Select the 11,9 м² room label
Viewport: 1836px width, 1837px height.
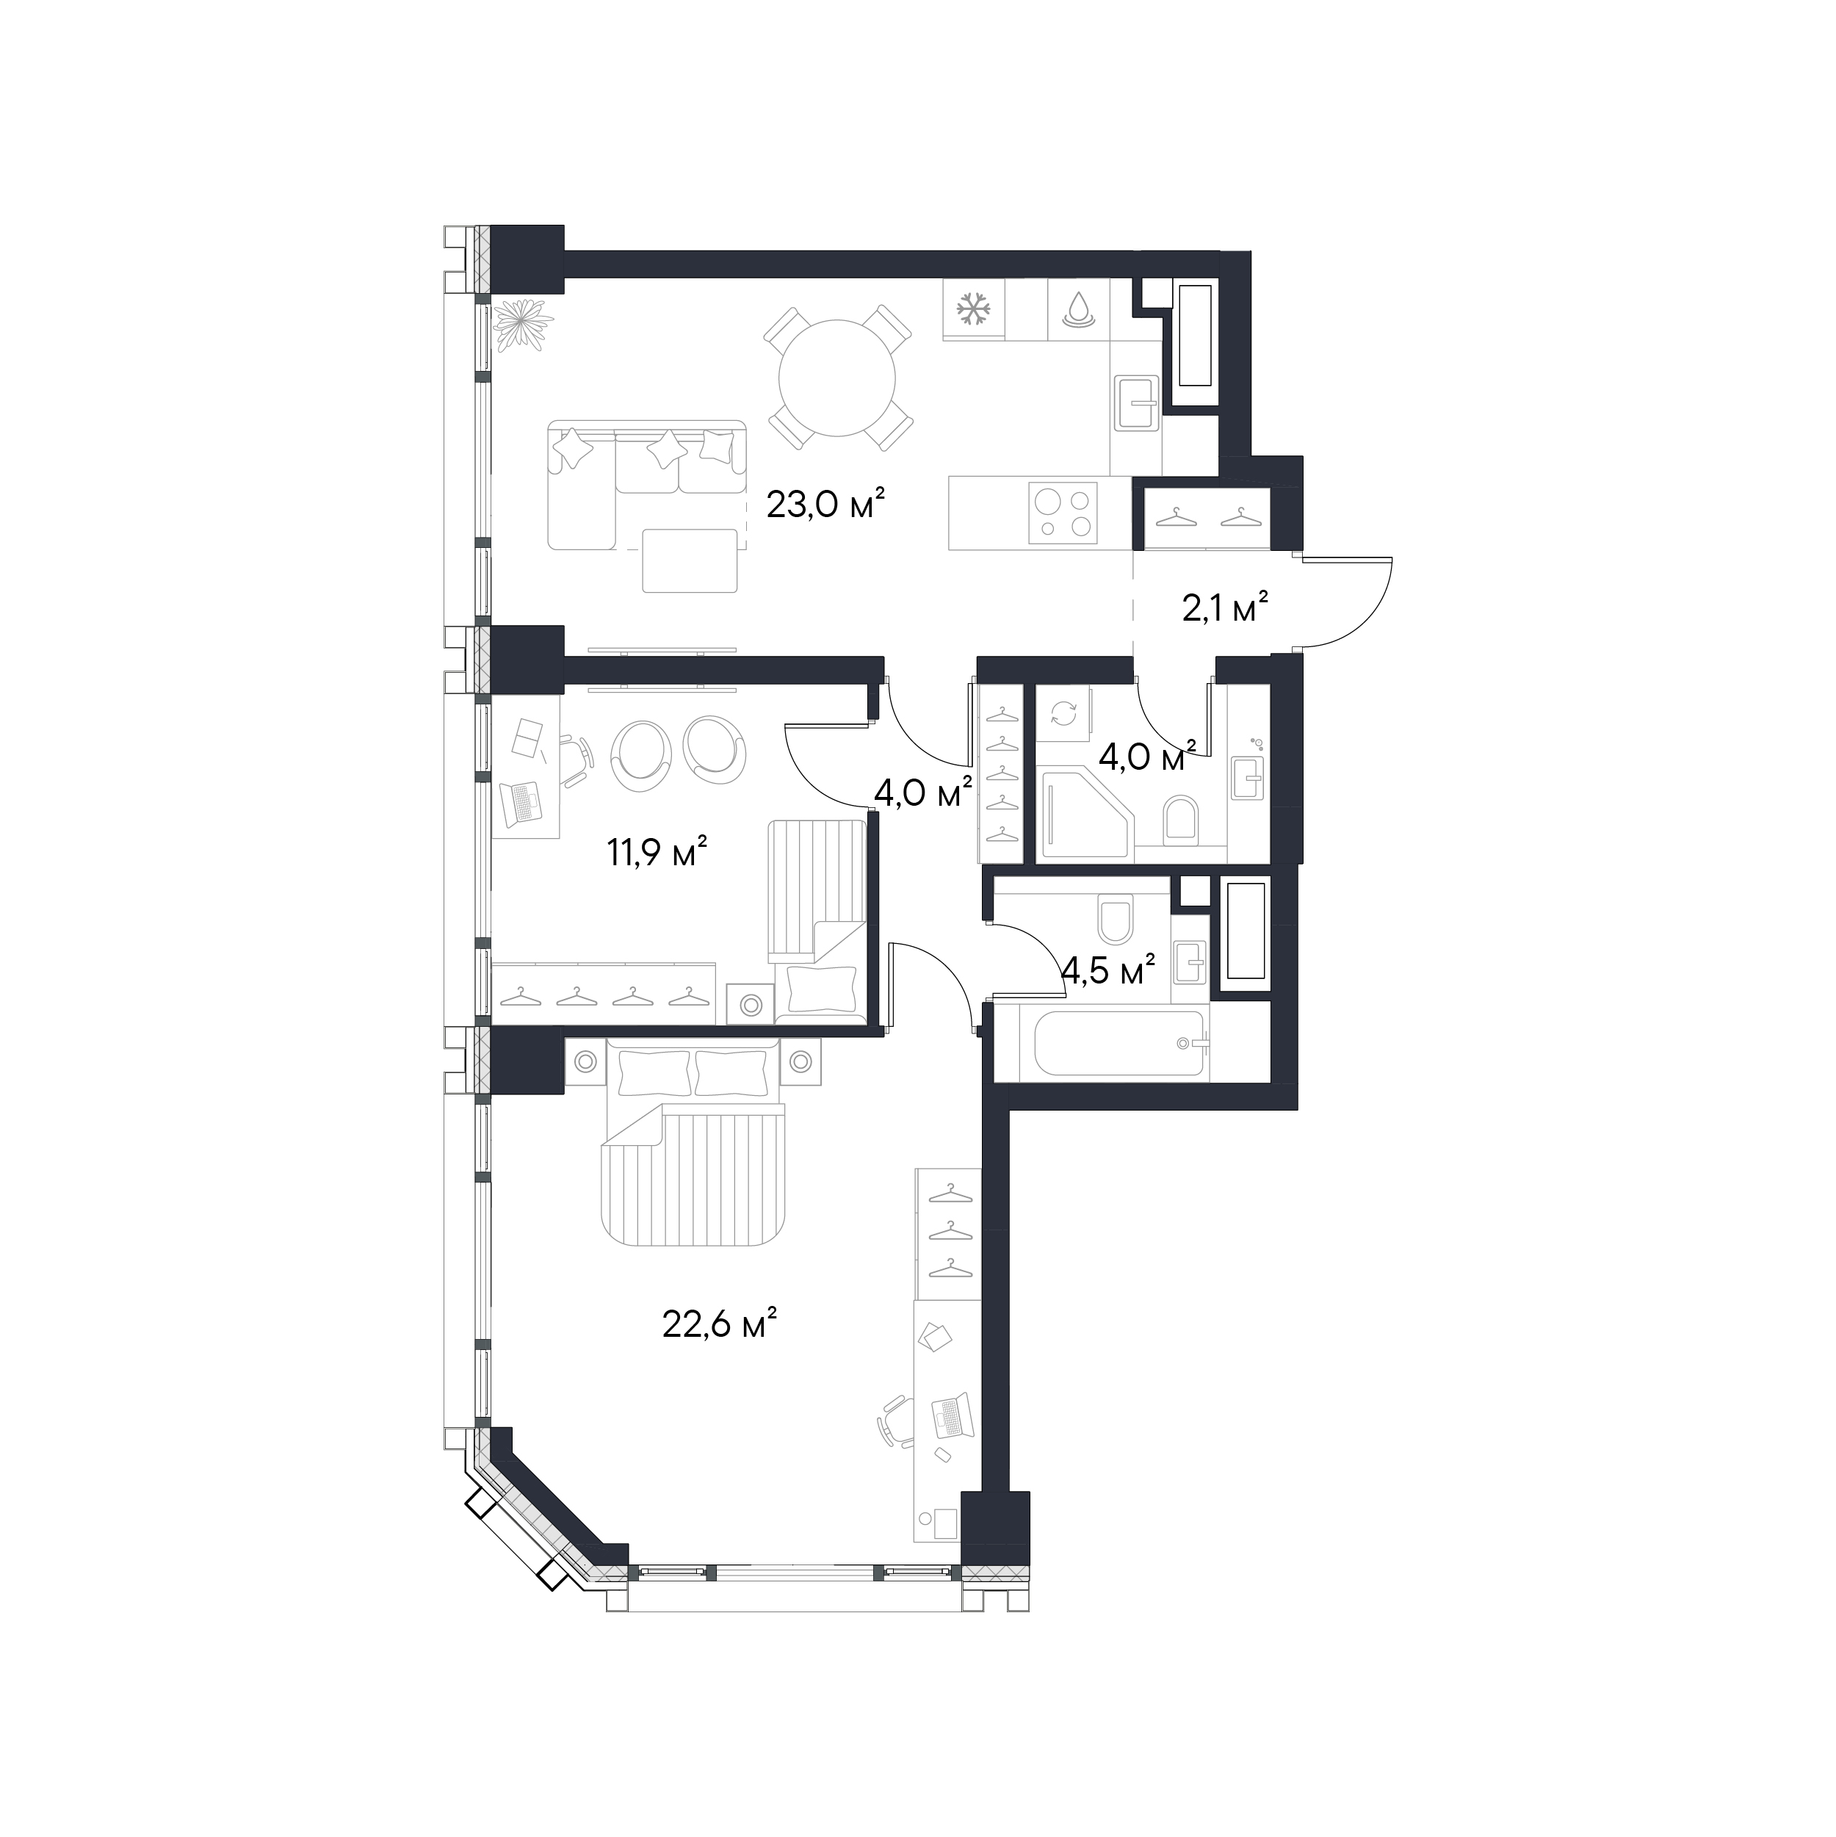[658, 853]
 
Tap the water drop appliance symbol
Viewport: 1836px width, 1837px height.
[1077, 309]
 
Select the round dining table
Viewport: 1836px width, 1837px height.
[836, 378]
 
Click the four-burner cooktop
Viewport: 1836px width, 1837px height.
[1064, 513]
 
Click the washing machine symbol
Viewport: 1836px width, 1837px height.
[1063, 712]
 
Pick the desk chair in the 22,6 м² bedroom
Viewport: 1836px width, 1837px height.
[892, 1423]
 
